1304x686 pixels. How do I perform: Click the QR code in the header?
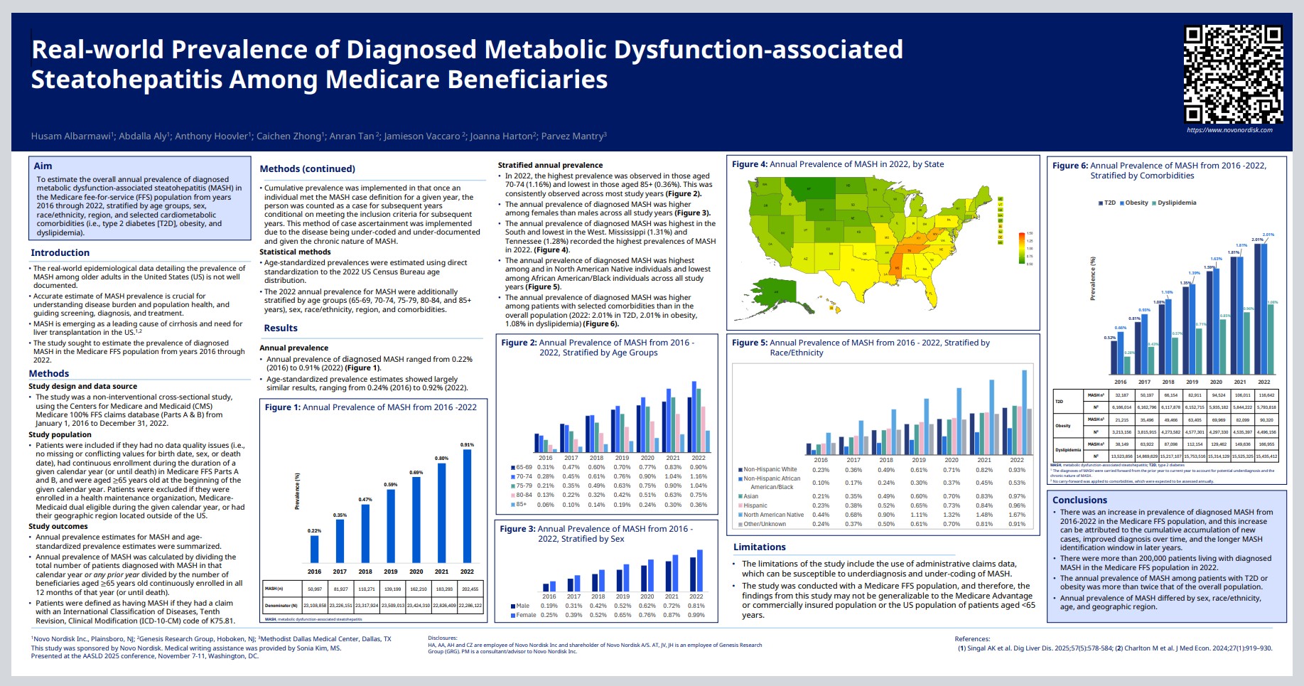[1233, 75]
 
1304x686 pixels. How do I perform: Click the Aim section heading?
[43, 166]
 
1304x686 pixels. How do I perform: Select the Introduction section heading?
[60, 253]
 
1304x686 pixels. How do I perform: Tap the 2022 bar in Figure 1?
[467, 505]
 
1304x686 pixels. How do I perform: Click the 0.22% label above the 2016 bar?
[314, 531]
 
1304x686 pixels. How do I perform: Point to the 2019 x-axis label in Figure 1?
[390, 572]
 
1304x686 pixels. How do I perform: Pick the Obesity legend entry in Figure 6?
[1134, 203]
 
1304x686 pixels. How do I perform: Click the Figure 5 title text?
[860, 348]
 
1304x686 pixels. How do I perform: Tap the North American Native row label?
[773, 515]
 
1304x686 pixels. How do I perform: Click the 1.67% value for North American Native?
[1017, 515]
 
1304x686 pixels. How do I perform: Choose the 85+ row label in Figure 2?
[521, 505]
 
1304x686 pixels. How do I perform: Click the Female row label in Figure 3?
[526, 616]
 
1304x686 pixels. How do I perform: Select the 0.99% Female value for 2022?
[696, 616]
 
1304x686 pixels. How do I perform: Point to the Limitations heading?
[759, 547]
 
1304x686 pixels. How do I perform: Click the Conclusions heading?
[1079, 500]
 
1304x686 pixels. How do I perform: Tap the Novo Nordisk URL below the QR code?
[1229, 130]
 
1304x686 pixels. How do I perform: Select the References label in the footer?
[972, 639]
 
